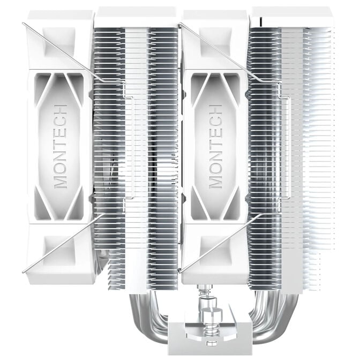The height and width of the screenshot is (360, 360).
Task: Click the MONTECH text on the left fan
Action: [61, 146]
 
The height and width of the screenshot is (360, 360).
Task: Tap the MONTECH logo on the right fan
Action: [215, 146]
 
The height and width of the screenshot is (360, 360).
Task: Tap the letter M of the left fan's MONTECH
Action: [61, 178]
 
